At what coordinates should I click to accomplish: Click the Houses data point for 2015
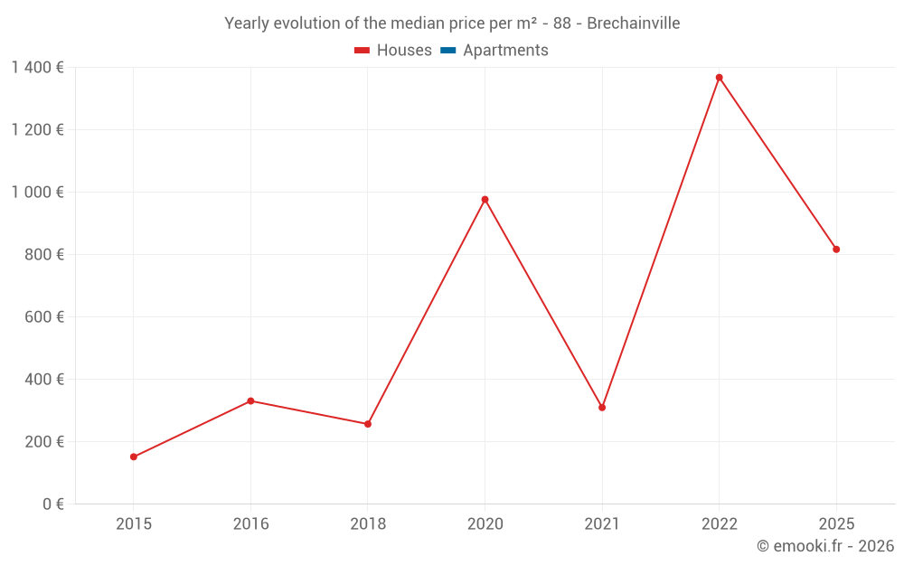pyautogui.click(x=134, y=457)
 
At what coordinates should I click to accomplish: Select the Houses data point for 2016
pyautogui.click(x=250, y=400)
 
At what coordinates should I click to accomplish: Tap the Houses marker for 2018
pyautogui.click(x=368, y=424)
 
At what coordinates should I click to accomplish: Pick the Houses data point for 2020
pyautogui.click(x=485, y=199)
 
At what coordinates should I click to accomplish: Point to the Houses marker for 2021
pyautogui.click(x=602, y=408)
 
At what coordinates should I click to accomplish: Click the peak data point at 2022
pyautogui.click(x=720, y=78)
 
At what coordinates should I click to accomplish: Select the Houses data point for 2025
pyautogui.click(x=836, y=250)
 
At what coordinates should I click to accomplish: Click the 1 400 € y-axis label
pyautogui.click(x=37, y=67)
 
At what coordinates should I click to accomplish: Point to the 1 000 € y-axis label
pyautogui.click(x=37, y=193)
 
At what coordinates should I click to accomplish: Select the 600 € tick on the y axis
pyautogui.click(x=44, y=317)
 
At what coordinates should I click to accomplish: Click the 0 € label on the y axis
pyautogui.click(x=52, y=504)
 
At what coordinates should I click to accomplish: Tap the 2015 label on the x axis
pyautogui.click(x=134, y=524)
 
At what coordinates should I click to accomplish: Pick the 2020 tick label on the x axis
pyautogui.click(x=485, y=524)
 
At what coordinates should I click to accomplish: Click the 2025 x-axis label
pyautogui.click(x=836, y=524)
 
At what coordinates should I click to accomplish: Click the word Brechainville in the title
pyautogui.click(x=633, y=24)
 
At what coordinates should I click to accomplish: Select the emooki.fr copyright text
pyautogui.click(x=825, y=546)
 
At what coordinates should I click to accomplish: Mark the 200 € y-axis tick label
pyautogui.click(x=44, y=442)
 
